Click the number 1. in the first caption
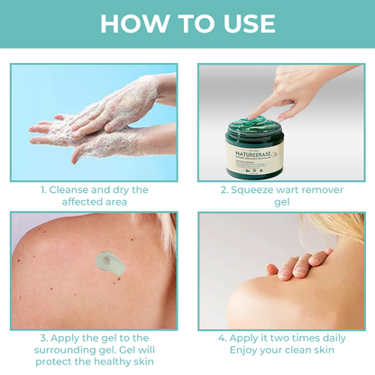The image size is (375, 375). [43, 190]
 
